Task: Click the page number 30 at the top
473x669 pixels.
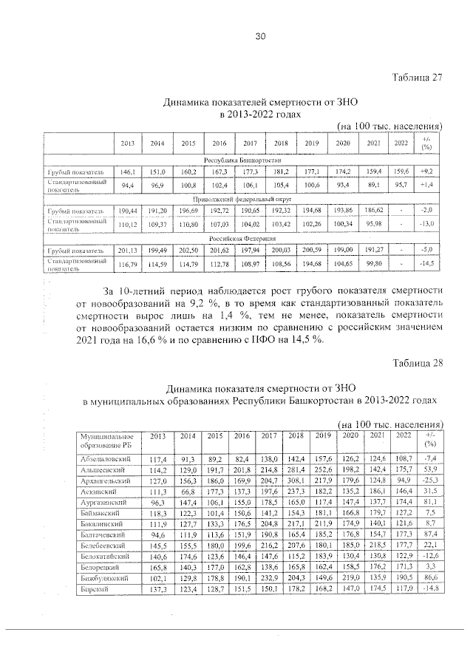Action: (x=259, y=36)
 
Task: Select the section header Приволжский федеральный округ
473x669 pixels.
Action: (x=241, y=199)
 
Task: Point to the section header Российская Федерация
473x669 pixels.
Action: (x=241, y=238)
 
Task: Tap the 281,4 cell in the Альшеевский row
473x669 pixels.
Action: (x=296, y=471)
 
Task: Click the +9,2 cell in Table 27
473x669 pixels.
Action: (x=426, y=171)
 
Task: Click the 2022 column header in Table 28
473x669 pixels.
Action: (x=403, y=436)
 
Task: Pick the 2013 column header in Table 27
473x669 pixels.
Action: (x=127, y=143)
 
